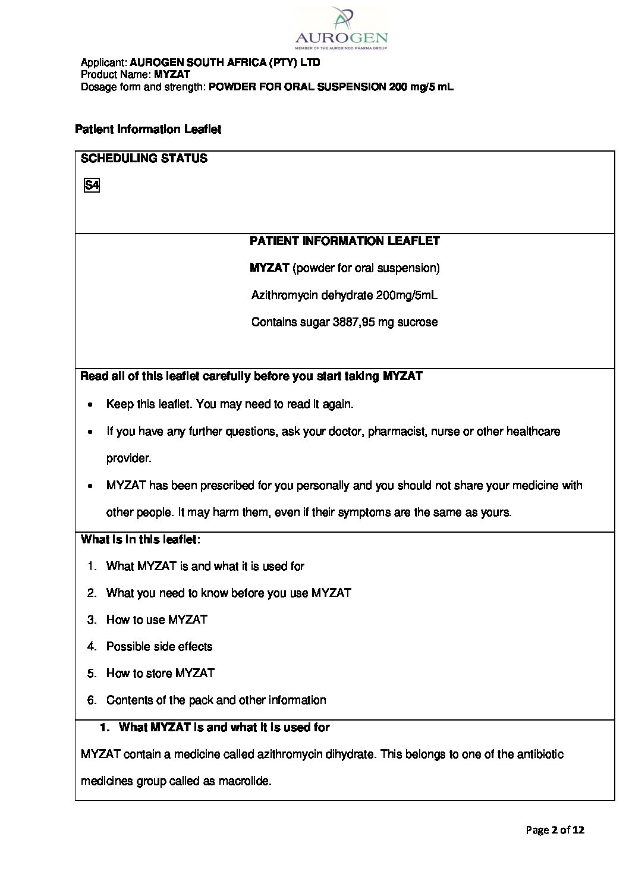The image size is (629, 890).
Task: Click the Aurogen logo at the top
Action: pyautogui.click(x=341, y=28)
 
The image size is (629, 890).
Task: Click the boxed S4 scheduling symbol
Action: pyautogui.click(x=92, y=185)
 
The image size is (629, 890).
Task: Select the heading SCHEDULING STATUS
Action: pyautogui.click(x=144, y=159)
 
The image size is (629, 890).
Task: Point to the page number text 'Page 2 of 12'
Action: pyautogui.click(x=555, y=830)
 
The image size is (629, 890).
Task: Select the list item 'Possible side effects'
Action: pyautogui.click(x=159, y=646)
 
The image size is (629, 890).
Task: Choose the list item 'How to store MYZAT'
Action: pyautogui.click(x=160, y=673)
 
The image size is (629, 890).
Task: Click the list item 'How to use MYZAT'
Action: pyautogui.click(x=156, y=619)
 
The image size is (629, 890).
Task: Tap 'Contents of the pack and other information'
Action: pyautogui.click(x=216, y=700)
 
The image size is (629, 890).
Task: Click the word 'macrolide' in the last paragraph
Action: pyautogui.click(x=245, y=781)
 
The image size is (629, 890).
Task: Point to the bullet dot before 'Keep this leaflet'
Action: pyautogui.click(x=89, y=404)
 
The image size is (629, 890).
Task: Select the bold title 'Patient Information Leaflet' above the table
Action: pyautogui.click(x=148, y=130)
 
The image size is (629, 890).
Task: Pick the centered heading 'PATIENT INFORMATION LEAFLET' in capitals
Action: pyautogui.click(x=344, y=241)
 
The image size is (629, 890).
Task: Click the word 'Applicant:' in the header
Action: pyautogui.click(x=103, y=62)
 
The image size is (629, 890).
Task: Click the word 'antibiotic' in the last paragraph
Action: pyautogui.click(x=540, y=754)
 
